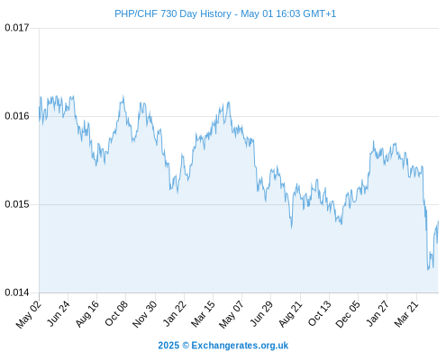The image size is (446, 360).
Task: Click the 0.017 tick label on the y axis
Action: pos(17,28)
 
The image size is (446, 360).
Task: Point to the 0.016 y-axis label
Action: pos(17,116)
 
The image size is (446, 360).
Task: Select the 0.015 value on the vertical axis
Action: pos(17,204)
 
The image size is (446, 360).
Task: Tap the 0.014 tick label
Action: pos(17,292)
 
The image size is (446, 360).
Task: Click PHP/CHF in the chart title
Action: pos(136,13)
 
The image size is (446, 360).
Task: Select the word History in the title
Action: pos(216,14)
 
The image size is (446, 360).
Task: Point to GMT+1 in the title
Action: pos(320,13)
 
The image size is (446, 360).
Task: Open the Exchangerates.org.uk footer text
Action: pos(240,346)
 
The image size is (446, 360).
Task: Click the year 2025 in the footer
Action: pos(168,346)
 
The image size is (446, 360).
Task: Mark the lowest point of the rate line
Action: pos(428,270)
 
